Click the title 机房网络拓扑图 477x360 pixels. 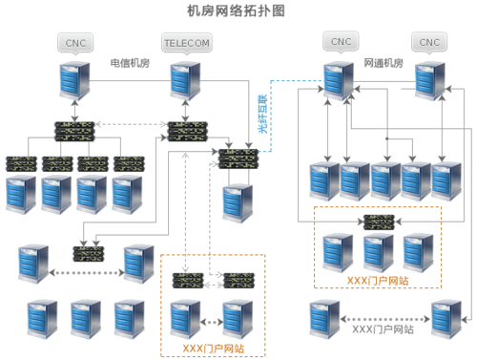point(236,11)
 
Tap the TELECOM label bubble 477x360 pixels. point(187,43)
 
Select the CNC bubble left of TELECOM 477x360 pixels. point(75,43)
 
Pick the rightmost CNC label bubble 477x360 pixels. point(429,42)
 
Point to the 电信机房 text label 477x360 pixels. point(130,63)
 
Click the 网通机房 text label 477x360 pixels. point(384,63)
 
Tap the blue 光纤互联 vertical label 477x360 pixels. point(262,114)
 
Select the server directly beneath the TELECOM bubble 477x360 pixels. point(185,81)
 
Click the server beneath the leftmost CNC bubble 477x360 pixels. point(74,81)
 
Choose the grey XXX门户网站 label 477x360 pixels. point(383,329)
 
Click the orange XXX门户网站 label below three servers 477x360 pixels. point(378,281)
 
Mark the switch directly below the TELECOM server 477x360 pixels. point(188,132)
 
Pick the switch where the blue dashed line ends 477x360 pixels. point(238,159)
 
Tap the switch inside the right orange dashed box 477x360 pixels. point(379,222)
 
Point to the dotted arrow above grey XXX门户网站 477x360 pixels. point(385,319)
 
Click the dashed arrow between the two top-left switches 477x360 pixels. point(131,124)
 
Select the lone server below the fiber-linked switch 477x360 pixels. point(238,203)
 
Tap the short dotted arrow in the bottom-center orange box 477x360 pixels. point(212,322)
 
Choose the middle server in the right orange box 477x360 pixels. point(379,253)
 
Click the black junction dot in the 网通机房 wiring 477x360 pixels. point(387,138)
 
